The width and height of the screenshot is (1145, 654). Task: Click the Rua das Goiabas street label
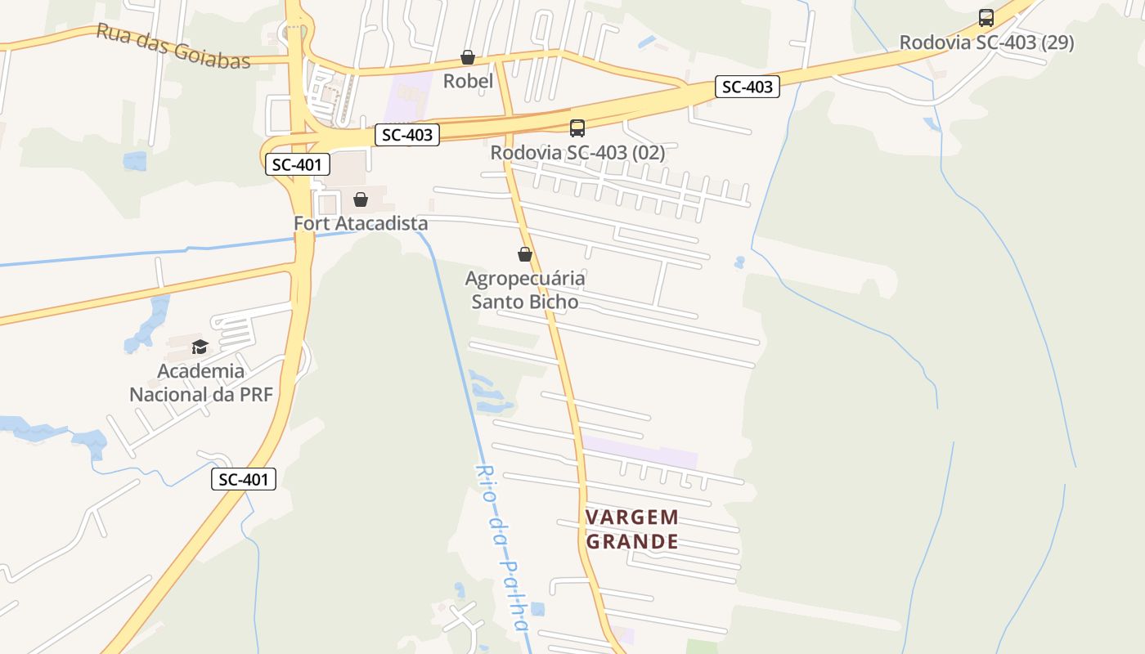[173, 46]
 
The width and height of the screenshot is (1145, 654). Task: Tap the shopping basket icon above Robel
[468, 57]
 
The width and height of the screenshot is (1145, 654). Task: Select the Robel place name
[468, 81]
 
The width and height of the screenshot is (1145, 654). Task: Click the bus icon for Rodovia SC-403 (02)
[577, 128]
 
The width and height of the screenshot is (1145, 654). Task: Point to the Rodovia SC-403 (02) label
[577, 152]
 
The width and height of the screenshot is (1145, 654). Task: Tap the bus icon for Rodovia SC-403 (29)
[986, 18]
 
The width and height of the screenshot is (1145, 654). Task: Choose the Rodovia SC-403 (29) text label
[986, 43]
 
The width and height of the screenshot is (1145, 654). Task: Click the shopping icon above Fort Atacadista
[361, 199]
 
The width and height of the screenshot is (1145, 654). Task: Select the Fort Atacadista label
[361, 223]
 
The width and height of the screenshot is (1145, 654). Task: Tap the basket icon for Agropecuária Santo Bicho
[525, 254]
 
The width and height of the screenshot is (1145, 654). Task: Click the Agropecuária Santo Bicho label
[525, 290]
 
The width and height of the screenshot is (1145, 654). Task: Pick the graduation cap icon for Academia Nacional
[200, 347]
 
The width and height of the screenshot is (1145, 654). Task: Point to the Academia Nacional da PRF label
[200, 383]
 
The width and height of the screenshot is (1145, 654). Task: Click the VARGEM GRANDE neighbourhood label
[632, 529]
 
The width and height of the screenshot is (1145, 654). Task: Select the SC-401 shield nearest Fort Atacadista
[298, 164]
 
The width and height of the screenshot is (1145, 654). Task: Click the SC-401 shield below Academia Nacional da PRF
[244, 479]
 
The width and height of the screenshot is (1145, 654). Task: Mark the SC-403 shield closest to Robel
[407, 135]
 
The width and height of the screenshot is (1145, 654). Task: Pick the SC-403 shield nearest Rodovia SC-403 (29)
[748, 87]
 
